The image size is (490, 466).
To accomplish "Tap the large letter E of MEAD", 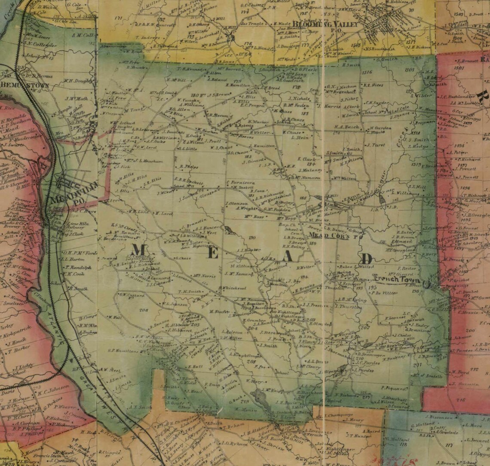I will tap(214, 253).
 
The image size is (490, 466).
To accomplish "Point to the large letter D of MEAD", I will tap(367, 259).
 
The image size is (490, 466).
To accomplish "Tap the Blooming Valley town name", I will tap(325, 25).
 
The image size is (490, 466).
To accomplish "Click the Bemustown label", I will tap(19, 85).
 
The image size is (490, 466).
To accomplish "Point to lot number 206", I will tap(144, 310).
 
